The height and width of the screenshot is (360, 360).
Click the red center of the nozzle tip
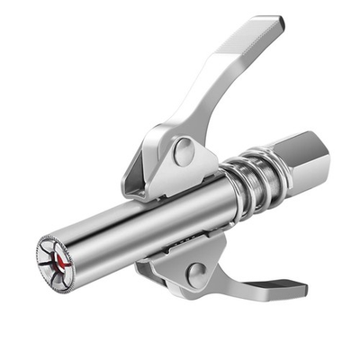(60, 260)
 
